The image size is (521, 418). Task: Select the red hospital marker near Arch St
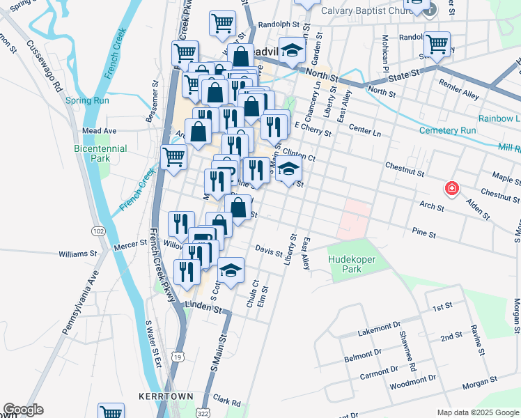(451, 188)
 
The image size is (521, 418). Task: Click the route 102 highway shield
(98, 231)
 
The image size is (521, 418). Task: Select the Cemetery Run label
(448, 130)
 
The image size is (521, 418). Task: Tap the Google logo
(23, 410)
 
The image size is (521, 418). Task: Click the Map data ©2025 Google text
(478, 412)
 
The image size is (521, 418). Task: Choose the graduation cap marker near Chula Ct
(231, 269)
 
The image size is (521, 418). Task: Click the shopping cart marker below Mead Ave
(173, 157)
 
